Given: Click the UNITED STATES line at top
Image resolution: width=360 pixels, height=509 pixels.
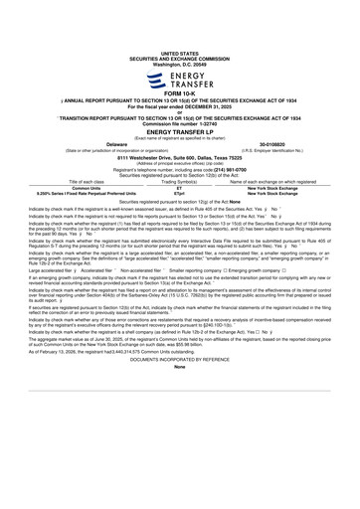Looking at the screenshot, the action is tap(179, 26).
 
